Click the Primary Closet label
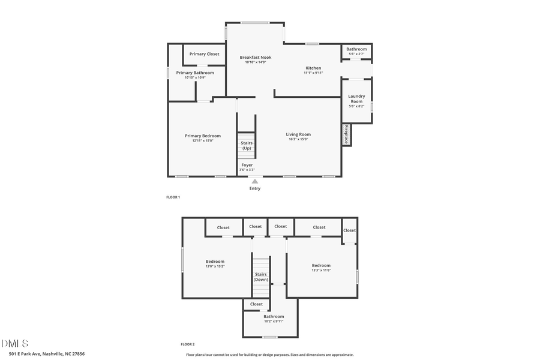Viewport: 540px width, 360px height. tap(204, 54)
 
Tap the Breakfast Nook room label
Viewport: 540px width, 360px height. tap(255, 58)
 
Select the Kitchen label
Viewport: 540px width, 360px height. tap(313, 68)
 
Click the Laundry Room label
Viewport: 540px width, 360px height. tap(356, 98)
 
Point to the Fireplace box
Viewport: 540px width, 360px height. tap(346, 134)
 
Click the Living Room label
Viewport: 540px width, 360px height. tap(298, 134)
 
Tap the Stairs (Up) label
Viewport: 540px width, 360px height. tap(247, 145)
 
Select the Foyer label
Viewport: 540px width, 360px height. tap(247, 165)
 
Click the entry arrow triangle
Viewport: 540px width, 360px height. tap(255, 181)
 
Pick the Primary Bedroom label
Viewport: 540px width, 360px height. tap(202, 136)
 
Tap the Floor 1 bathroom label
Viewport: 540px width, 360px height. tap(356, 49)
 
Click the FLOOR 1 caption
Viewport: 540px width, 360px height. tap(173, 197)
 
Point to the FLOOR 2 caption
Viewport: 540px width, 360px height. tap(187, 344)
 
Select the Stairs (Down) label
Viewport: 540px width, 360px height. tap(261, 277)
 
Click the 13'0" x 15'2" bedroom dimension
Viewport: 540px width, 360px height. tap(215, 266)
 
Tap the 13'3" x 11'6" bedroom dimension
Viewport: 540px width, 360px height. tap(321, 271)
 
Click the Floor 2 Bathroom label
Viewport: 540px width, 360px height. tap(274, 316)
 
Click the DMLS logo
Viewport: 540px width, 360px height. tap(14, 344)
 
